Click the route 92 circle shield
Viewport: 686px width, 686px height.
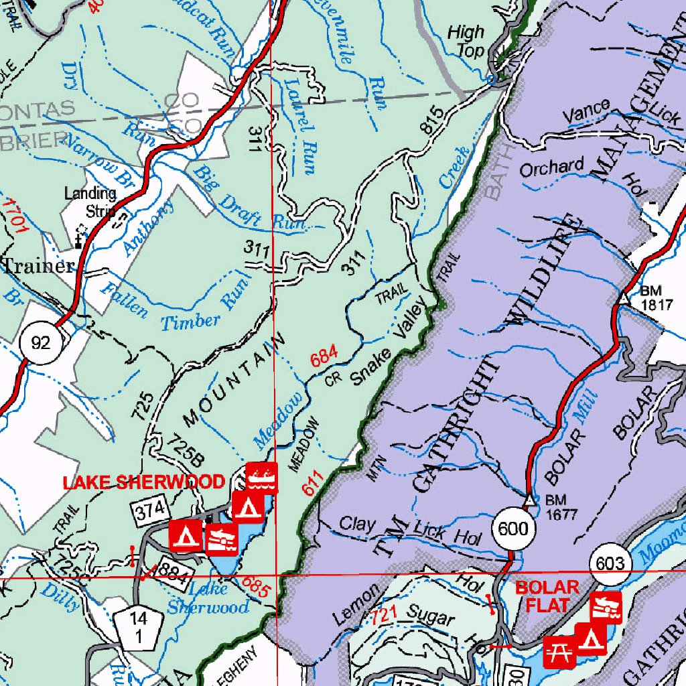click(x=41, y=344)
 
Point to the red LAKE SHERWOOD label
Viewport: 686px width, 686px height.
click(x=143, y=482)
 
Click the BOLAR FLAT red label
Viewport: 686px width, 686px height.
click(x=547, y=596)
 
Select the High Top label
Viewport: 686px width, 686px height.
click(x=466, y=41)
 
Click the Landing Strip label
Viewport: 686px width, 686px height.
click(x=90, y=202)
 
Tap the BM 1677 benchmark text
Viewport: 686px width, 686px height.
click(x=560, y=506)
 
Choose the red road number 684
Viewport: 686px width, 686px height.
click(x=324, y=356)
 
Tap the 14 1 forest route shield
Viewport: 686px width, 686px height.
click(x=137, y=628)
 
